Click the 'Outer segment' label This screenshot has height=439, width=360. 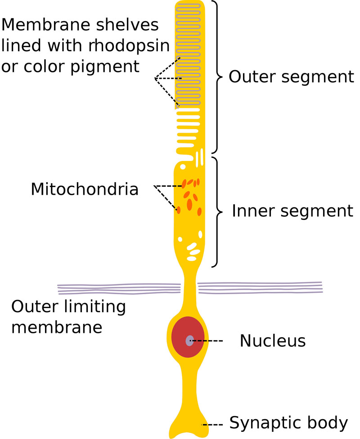tap(291, 77)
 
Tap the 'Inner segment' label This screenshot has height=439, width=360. tap(292, 211)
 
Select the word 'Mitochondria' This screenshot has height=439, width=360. tap(85, 189)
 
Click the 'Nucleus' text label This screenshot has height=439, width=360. tap(272, 341)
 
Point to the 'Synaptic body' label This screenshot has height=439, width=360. tap(288, 423)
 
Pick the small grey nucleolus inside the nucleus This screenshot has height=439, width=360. tap(190, 340)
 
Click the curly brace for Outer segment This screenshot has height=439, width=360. tap(217, 77)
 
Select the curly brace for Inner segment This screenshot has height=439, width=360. tap(217, 211)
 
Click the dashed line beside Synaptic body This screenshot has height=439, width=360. tap(212, 425)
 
